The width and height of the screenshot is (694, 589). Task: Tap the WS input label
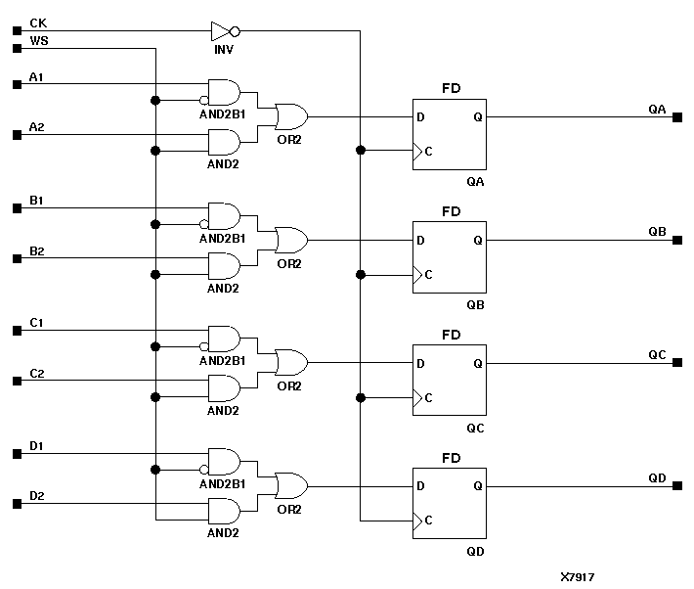tap(38, 40)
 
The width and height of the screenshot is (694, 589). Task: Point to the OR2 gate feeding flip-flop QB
tap(290, 240)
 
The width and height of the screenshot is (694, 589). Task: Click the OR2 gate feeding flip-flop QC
tap(290, 363)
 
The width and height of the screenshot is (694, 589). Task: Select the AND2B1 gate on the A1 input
tap(224, 92)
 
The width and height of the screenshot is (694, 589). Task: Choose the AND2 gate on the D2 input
tap(224, 511)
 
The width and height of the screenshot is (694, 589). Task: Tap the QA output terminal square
tap(676, 117)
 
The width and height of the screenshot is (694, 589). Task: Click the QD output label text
tap(657, 477)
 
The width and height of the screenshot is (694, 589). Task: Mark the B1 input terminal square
tap(17, 208)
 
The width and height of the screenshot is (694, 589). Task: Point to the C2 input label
tap(36, 373)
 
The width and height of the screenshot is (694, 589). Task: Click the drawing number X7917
tap(578, 577)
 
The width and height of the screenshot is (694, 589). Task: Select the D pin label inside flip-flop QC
tap(420, 363)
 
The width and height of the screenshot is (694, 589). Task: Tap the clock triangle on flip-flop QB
tap(417, 275)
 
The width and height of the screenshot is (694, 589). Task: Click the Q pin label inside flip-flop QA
tap(477, 117)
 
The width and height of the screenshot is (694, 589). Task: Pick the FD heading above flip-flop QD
tap(451, 457)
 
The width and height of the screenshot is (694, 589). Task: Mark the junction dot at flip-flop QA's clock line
tap(361, 151)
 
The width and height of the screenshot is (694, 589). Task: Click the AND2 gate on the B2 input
tap(224, 265)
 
